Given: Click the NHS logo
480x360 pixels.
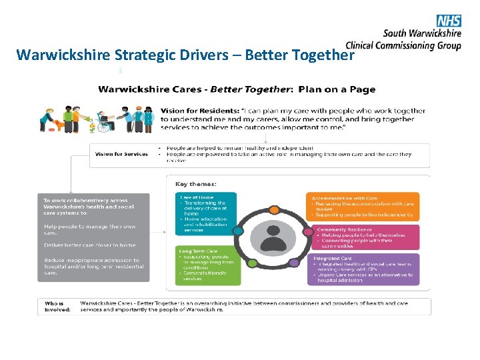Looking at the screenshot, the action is pos(448,21).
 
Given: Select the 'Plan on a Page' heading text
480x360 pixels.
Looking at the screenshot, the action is pos(337,89).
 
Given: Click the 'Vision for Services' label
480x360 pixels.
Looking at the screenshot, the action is pos(121,154).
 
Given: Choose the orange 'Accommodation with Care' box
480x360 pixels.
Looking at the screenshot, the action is pos(363,206).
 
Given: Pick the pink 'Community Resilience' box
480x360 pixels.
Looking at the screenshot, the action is pos(363,237).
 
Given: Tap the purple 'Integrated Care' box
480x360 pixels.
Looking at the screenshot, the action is pos(363,269).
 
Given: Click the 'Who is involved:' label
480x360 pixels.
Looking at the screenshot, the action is pos(57,307).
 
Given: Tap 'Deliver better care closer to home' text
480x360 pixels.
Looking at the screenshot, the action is pos(89,245).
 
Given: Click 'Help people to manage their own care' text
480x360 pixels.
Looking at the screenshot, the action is pos(89,230).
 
